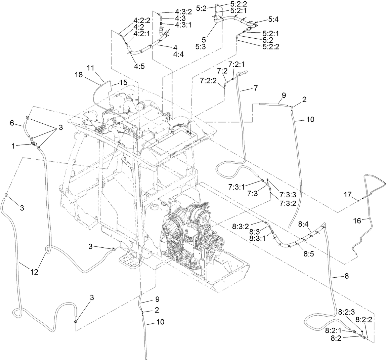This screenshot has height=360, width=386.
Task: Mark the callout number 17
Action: point(347,194)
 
